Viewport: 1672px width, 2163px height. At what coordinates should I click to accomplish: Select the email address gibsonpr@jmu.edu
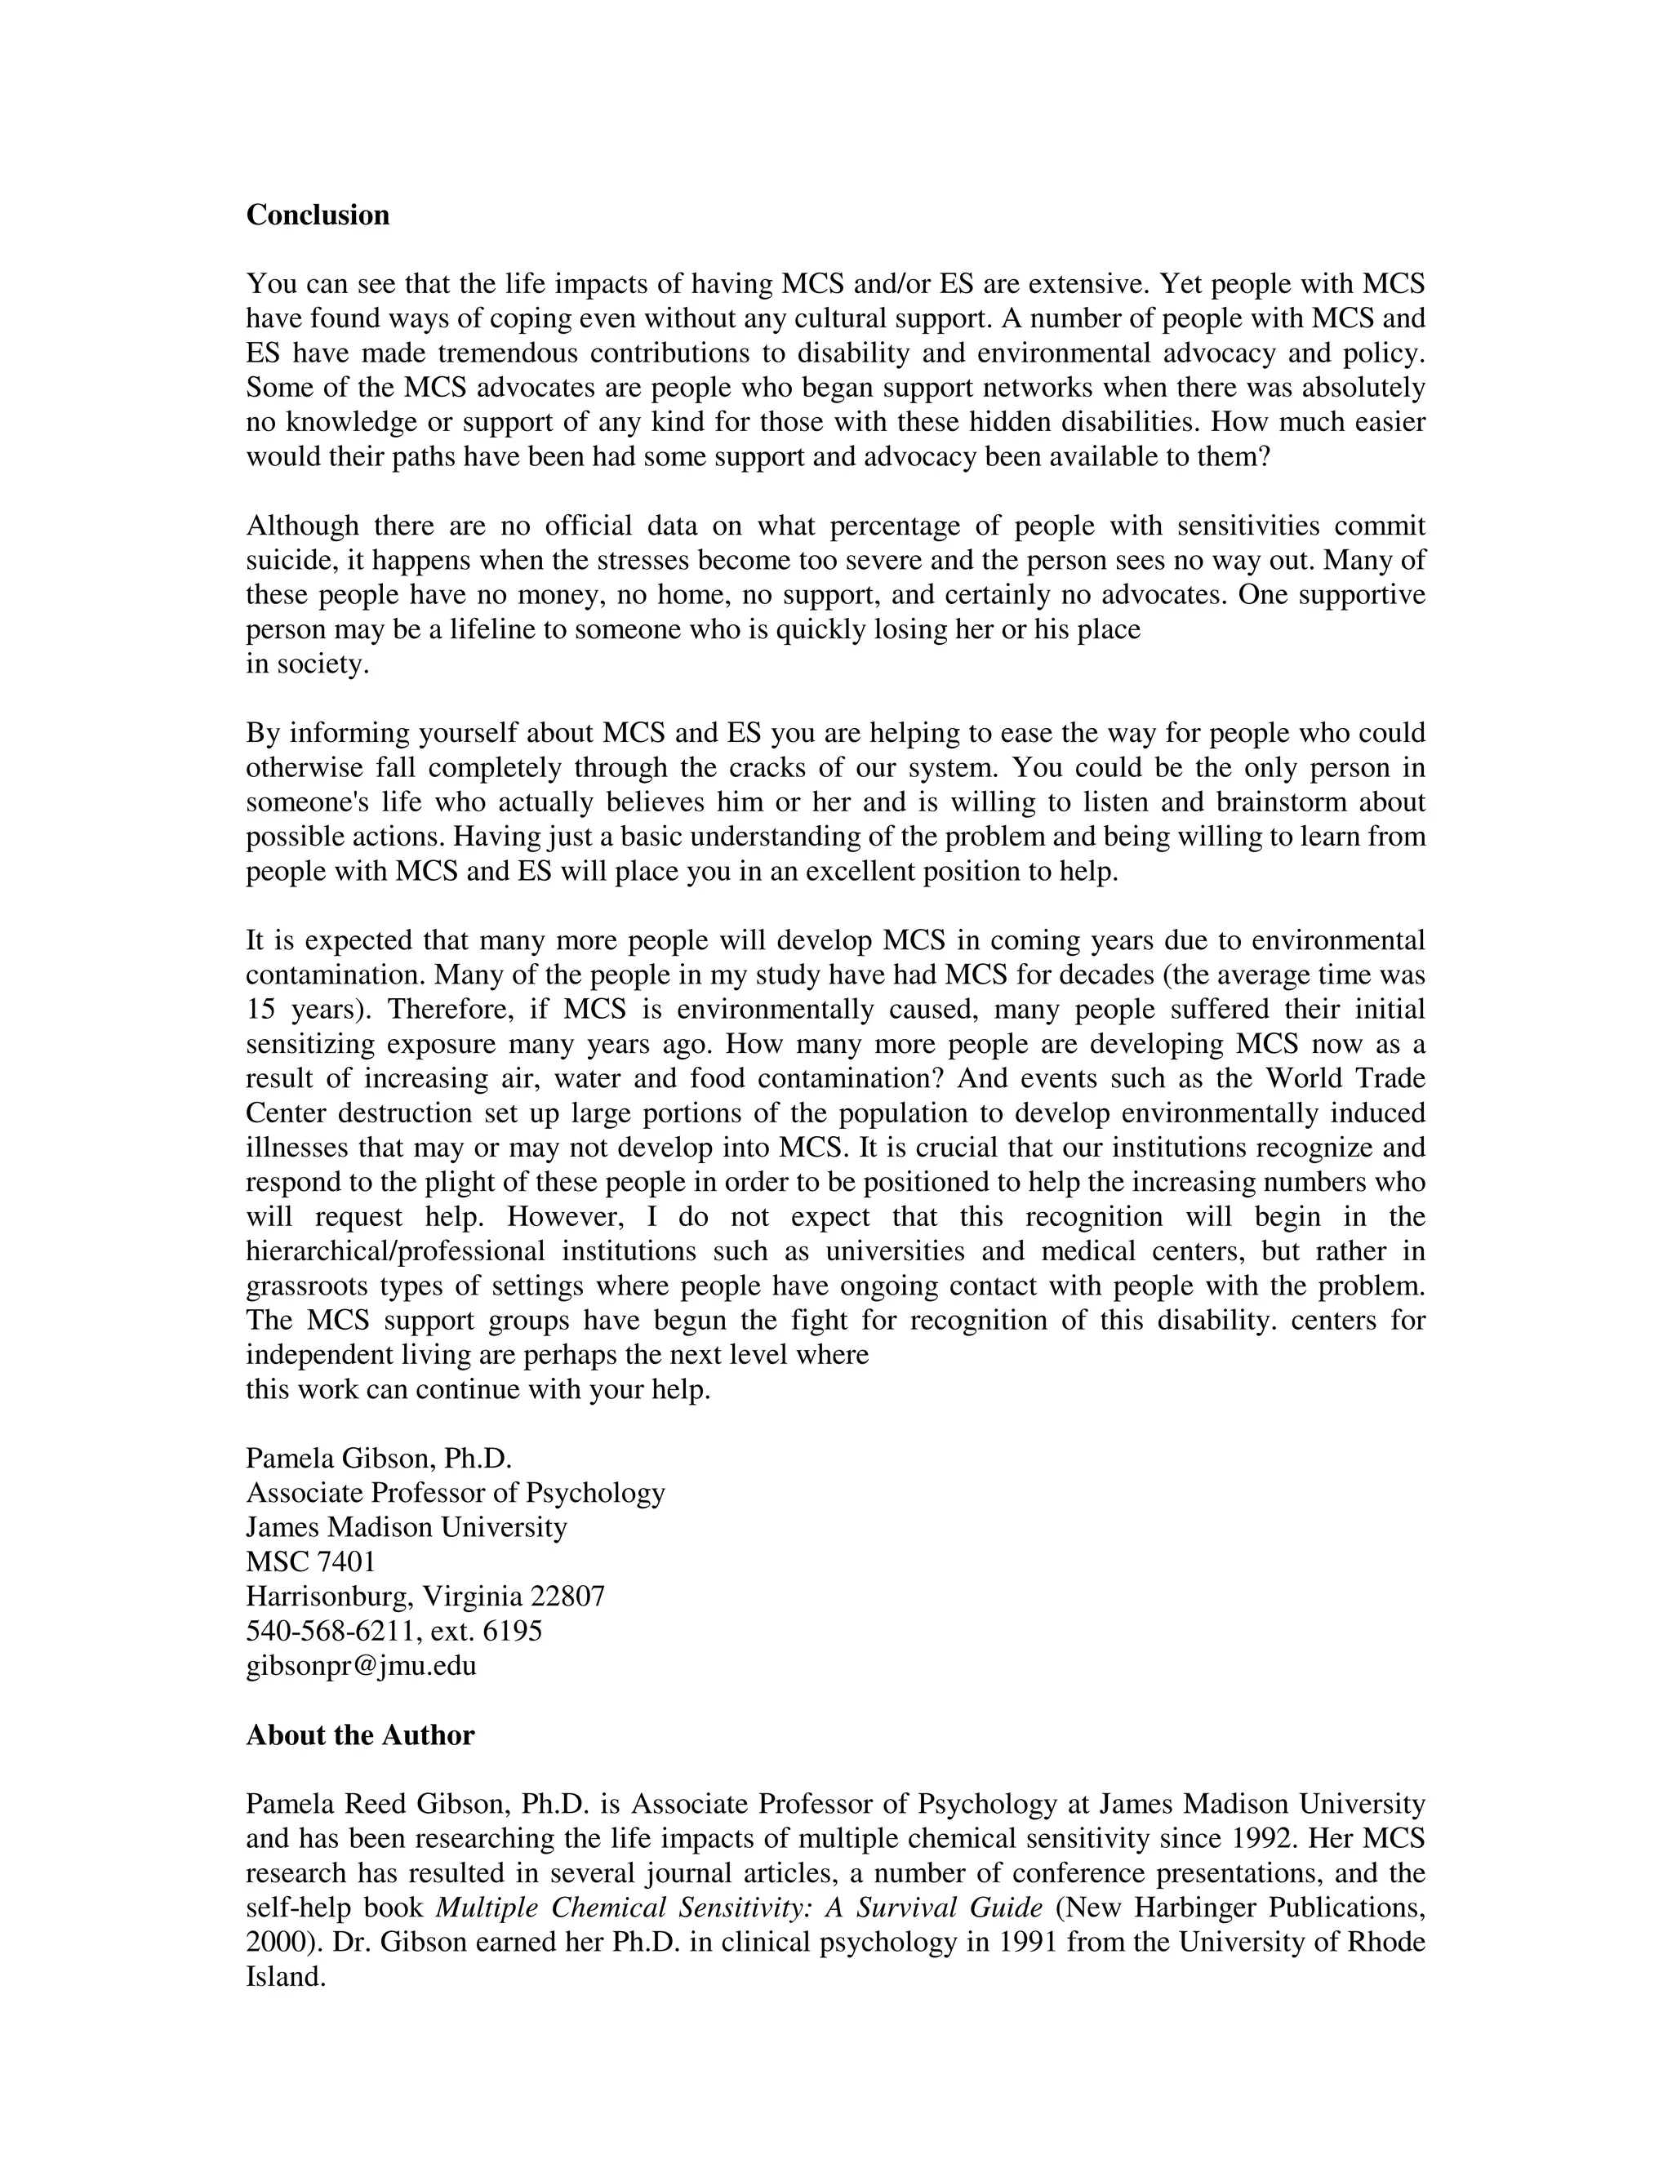coord(361,1665)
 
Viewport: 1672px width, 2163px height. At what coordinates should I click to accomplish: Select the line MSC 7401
coord(310,1561)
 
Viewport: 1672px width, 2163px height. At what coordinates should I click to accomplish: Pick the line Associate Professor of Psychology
coord(455,1493)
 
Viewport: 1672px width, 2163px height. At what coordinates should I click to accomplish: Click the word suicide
coord(282,561)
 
